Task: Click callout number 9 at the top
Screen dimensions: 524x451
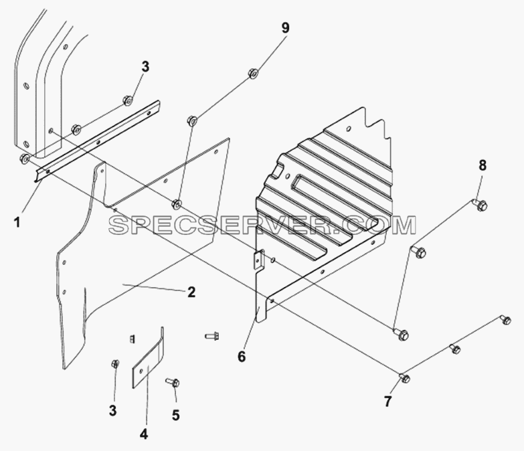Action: click(285, 28)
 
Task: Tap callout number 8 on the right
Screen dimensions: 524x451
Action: click(483, 166)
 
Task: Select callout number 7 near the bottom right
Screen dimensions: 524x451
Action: click(387, 401)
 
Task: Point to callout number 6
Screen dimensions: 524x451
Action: click(242, 357)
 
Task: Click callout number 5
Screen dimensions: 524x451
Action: click(176, 416)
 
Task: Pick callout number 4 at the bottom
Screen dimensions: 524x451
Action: click(144, 434)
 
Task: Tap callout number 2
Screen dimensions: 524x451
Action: click(191, 292)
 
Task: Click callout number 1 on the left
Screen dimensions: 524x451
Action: click(17, 222)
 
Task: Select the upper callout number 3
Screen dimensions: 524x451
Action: click(145, 67)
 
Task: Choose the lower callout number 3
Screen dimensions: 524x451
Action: click(113, 410)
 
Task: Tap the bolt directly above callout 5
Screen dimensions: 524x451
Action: click(173, 382)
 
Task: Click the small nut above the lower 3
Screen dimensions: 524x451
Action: click(115, 363)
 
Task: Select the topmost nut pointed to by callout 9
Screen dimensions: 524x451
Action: click(253, 73)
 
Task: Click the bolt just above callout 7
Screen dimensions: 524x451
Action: click(404, 378)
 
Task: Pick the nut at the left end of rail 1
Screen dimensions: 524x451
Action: click(25, 159)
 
